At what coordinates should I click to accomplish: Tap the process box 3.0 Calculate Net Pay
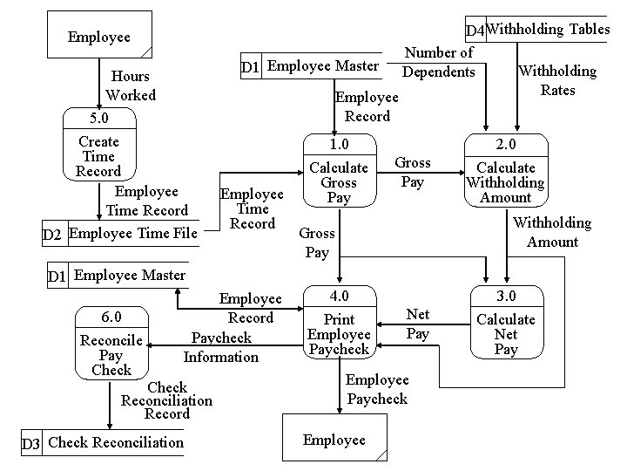[x=505, y=323]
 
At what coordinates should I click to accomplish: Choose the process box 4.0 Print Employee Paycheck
[x=339, y=323]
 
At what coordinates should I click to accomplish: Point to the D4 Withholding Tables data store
[x=536, y=30]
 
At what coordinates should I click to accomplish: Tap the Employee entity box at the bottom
[x=334, y=440]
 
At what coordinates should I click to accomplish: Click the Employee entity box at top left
[x=99, y=36]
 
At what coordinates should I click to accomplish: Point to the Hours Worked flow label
[x=131, y=85]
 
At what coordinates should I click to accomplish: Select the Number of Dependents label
[x=439, y=62]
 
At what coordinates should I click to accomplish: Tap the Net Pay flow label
[x=418, y=323]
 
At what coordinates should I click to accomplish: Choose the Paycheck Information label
[x=221, y=347]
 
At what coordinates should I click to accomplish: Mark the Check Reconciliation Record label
[x=167, y=400]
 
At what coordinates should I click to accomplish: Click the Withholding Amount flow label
[x=552, y=232]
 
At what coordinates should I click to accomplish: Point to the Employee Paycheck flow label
[x=377, y=389]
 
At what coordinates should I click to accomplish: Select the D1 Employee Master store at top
[x=311, y=66]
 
